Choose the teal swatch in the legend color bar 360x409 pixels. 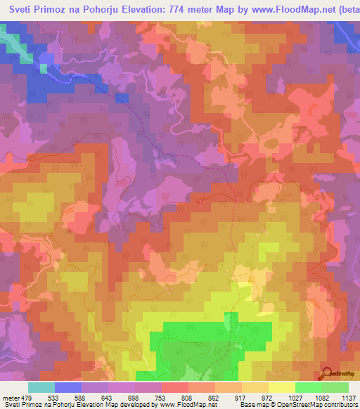point(41,387)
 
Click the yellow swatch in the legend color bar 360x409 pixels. point(281,387)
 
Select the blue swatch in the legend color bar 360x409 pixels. point(68,387)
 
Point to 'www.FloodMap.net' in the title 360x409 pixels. point(288,9)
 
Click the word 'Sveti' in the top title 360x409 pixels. point(22,9)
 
